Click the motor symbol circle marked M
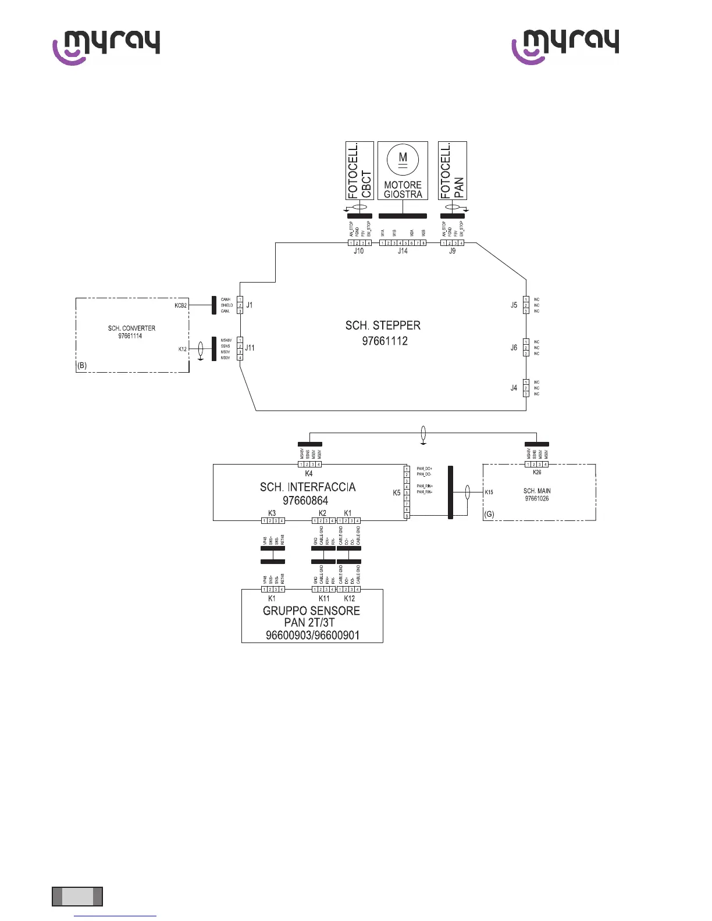click(x=403, y=159)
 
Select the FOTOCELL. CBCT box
click(x=359, y=171)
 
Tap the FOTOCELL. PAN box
click(x=452, y=171)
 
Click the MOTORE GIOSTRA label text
click(x=403, y=190)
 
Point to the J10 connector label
click(x=358, y=251)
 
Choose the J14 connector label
click(x=403, y=251)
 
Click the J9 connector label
click(x=452, y=251)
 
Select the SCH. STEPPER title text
click(x=383, y=326)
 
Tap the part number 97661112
click(x=385, y=341)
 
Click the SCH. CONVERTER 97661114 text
click(x=131, y=332)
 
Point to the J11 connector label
click(x=250, y=348)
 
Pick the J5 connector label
click(x=514, y=305)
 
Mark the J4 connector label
click(x=514, y=388)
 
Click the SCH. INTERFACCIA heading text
click(x=307, y=487)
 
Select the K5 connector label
click(x=397, y=492)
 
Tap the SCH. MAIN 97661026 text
click(x=537, y=495)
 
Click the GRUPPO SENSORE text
click(x=311, y=611)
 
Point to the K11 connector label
click(x=324, y=598)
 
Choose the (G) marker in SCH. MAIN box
click(x=489, y=515)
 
